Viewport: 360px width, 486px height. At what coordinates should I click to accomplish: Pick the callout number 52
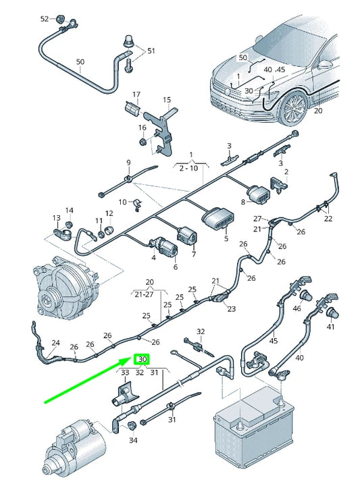(45, 19)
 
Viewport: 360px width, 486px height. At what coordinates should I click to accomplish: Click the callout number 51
(151, 51)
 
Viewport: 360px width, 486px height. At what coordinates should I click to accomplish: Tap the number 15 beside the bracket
(167, 100)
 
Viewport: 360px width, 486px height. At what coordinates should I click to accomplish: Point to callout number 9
(128, 163)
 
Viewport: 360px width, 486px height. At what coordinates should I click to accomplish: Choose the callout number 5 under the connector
(226, 238)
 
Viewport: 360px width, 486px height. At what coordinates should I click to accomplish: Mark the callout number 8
(243, 202)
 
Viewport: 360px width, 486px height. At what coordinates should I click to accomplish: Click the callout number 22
(328, 218)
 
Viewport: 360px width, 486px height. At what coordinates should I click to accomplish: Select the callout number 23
(232, 309)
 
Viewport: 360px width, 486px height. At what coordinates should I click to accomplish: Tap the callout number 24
(55, 343)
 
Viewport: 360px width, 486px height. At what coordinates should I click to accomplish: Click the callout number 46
(297, 308)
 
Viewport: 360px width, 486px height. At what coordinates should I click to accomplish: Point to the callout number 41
(330, 327)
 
